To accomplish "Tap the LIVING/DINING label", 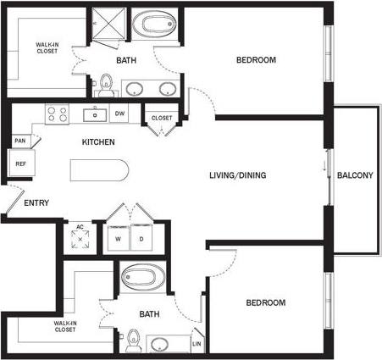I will tap(238, 176).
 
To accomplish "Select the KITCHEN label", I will tap(98, 141).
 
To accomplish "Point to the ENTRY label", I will tap(36, 202).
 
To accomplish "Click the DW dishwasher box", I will tap(119, 114).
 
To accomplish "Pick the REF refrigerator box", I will tap(19, 162).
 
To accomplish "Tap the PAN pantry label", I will tap(19, 141).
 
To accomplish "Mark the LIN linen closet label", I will tap(197, 344).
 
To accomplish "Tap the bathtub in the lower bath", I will tap(141, 277).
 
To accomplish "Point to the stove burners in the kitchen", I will tap(57, 113).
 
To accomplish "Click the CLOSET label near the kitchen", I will tap(161, 118).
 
